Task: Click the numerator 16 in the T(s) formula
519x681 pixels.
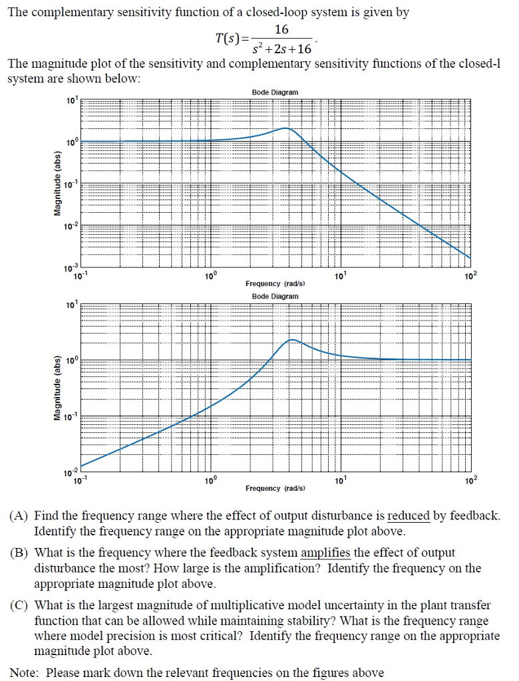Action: (281, 30)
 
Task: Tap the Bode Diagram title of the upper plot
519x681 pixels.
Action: (275, 92)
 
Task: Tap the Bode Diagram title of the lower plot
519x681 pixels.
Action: (275, 296)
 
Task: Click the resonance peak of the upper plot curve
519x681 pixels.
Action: (285, 128)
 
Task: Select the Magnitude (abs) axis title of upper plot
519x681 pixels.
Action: (57, 183)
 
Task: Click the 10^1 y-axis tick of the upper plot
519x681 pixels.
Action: (72, 101)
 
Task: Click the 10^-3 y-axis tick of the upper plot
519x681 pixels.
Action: (72, 267)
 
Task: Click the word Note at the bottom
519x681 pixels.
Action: (24, 672)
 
